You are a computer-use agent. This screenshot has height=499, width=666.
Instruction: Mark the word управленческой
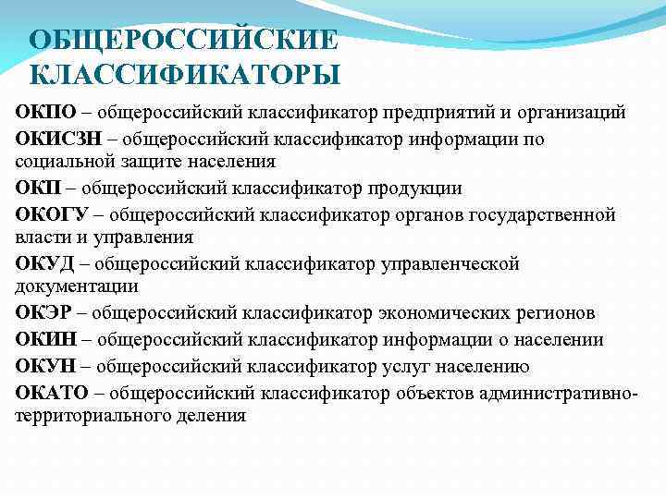(x=449, y=264)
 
